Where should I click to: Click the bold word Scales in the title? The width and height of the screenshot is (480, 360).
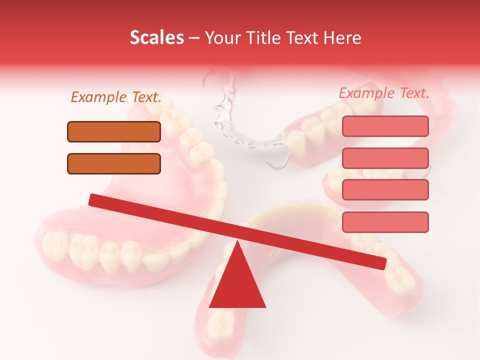click(x=156, y=37)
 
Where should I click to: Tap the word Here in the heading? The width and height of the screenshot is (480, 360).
click(x=342, y=37)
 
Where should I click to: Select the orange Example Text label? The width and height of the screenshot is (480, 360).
click(x=116, y=97)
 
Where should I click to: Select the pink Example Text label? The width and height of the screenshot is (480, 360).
click(x=384, y=93)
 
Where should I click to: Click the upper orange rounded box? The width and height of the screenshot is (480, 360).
click(x=114, y=131)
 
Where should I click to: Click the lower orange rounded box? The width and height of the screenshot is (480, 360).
click(x=114, y=163)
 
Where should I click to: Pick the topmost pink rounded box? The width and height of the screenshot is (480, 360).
click(x=385, y=126)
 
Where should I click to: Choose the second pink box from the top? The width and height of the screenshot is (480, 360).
click(x=385, y=158)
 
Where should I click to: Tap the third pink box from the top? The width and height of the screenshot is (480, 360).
click(x=385, y=189)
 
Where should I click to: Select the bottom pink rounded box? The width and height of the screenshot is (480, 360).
click(x=385, y=222)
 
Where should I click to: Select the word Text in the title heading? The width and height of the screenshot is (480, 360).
click(x=304, y=37)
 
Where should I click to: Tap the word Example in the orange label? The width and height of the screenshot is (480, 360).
click(x=98, y=97)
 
